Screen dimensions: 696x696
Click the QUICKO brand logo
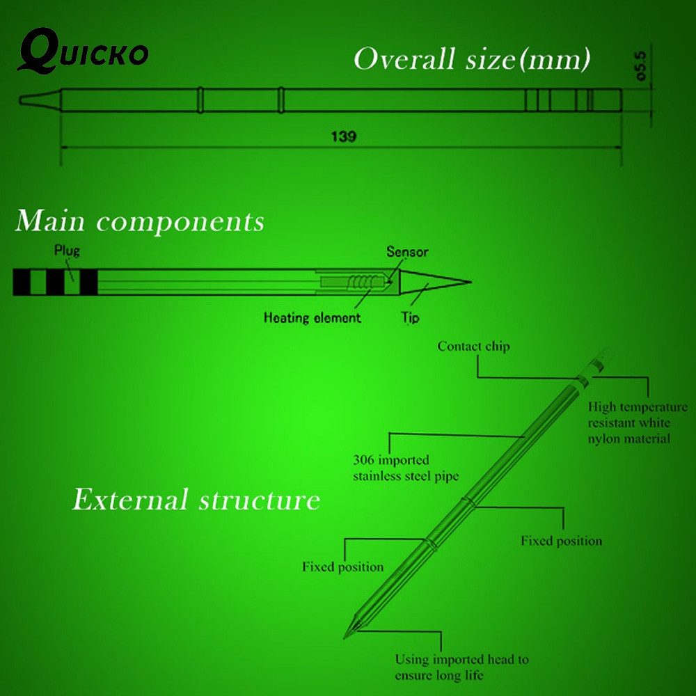[83, 51]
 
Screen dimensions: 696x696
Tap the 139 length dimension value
[344, 136]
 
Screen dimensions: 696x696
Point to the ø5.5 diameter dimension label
[641, 66]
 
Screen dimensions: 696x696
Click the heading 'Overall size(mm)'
[472, 58]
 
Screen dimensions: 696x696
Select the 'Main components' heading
[140, 221]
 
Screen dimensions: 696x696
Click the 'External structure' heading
[196, 499]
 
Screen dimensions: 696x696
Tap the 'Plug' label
[67, 251]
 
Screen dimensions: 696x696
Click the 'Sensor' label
[407, 252]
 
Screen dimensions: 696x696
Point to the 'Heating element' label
[312, 317]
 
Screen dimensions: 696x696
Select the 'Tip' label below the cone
[410, 317]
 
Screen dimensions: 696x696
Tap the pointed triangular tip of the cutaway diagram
[471, 281]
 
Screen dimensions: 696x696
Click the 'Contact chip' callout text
[473, 346]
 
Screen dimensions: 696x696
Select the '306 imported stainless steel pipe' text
[406, 468]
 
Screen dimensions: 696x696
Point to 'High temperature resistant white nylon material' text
[638, 422]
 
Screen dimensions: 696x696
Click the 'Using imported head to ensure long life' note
[461, 667]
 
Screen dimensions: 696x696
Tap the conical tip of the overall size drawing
[40, 100]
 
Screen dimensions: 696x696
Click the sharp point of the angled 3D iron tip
[345, 638]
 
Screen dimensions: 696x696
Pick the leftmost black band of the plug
[22, 282]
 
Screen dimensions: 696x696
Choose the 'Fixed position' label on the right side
[562, 541]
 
